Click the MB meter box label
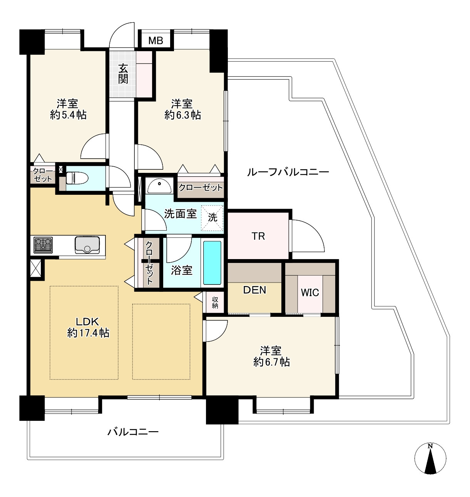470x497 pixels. [x=156, y=40]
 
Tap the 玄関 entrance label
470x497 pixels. [x=124, y=74]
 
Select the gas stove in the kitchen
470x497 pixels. [x=43, y=245]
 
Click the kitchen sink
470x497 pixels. [x=87, y=245]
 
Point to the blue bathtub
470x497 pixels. [x=212, y=263]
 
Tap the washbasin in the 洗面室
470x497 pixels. [x=159, y=186]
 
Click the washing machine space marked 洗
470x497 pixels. [x=212, y=218]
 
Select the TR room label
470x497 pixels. [x=258, y=236]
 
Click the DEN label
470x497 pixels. [x=254, y=290]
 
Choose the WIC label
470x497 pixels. [x=310, y=293]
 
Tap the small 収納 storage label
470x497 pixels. [x=215, y=302]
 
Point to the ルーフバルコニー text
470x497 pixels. [x=288, y=172]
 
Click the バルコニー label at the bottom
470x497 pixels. [x=133, y=432]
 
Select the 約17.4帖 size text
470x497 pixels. [x=88, y=333]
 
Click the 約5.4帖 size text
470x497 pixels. [x=68, y=115]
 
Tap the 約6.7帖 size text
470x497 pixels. [x=271, y=362]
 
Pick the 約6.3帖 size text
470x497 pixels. [x=182, y=115]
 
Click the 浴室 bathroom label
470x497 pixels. [x=182, y=271]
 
